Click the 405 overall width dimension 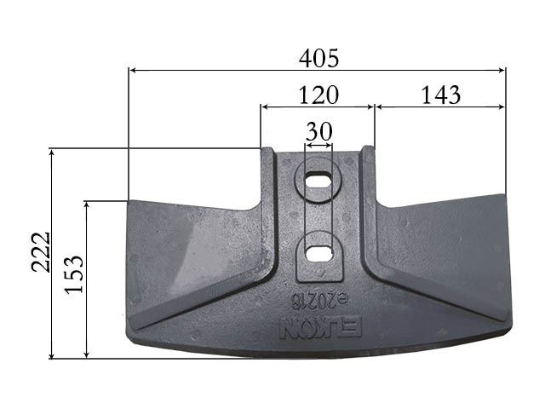tap(318, 58)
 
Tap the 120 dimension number tap(318, 95)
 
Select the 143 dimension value tap(441, 95)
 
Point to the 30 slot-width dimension tap(319, 131)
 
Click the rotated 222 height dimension tap(42, 252)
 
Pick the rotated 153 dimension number tap(74, 274)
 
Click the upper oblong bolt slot tap(318, 181)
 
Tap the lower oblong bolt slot tap(318, 254)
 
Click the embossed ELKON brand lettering tap(320, 326)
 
